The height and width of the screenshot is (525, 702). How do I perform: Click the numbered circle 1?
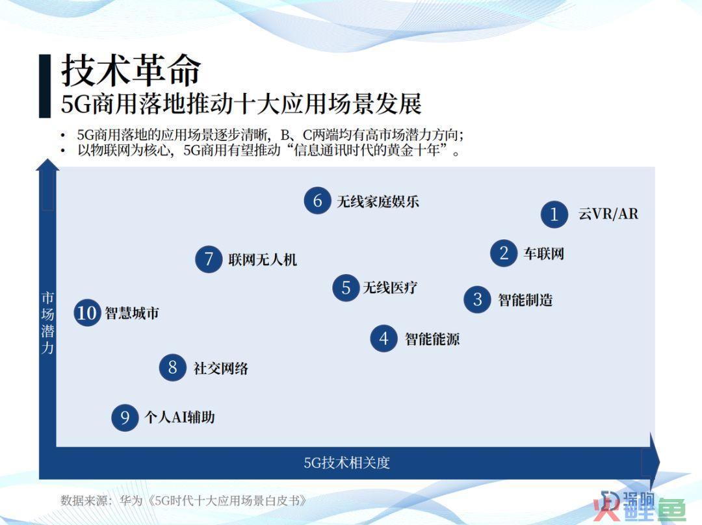click(554, 214)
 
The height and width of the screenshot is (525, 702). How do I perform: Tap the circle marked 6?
click(317, 201)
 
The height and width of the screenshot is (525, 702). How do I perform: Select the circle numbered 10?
click(87, 313)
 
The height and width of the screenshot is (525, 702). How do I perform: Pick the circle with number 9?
click(125, 418)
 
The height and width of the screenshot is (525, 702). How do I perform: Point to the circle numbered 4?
click(383, 339)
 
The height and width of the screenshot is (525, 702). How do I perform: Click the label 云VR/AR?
click(608, 214)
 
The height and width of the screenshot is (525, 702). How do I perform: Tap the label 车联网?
click(544, 254)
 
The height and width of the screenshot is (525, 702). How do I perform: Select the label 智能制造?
click(526, 300)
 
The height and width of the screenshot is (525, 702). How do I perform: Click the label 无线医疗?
click(390, 287)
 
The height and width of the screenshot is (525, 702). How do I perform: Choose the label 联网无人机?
click(263, 260)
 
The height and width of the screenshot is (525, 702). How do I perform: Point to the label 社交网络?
click(221, 368)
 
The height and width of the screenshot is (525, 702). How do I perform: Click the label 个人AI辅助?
click(179, 417)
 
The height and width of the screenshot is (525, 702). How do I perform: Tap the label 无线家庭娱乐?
click(378, 201)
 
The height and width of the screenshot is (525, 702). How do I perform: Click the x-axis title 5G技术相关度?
click(347, 463)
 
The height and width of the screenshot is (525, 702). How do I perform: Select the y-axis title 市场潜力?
click(47, 322)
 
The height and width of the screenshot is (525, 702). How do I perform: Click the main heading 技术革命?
click(131, 70)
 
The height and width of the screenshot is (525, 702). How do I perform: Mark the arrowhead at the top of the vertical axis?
click(47, 164)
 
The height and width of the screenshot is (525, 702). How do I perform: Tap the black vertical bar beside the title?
click(45, 86)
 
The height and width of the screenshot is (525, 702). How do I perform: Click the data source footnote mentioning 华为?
click(183, 500)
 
